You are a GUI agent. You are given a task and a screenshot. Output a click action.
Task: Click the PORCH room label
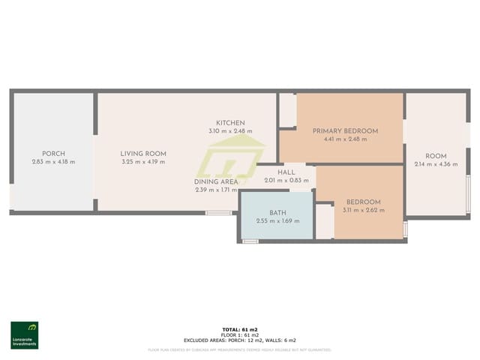(x=53, y=153)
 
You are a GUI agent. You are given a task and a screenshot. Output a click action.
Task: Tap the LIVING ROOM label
(x=143, y=153)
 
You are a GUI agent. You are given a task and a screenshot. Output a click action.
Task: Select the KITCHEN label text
(x=230, y=123)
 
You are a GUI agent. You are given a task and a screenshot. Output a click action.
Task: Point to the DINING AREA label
(x=216, y=181)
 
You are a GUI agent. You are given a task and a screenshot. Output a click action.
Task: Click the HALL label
(x=286, y=172)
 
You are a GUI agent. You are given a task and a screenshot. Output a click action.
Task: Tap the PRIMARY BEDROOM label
(x=345, y=130)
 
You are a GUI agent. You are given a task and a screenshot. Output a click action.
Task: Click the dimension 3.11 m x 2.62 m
(x=363, y=210)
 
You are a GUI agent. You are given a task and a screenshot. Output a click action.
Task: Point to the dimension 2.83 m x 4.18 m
(x=53, y=161)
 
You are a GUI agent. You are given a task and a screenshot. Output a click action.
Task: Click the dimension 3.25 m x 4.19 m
(x=143, y=161)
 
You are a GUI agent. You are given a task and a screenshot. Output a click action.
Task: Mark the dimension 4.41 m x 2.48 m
(x=345, y=139)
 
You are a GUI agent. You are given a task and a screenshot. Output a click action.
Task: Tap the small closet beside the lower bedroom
(x=324, y=222)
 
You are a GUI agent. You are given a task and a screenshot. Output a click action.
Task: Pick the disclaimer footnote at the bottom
(x=240, y=349)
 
